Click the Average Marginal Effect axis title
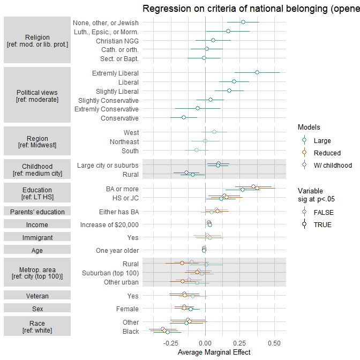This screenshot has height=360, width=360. click(x=206, y=352)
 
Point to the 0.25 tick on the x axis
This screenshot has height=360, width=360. click(x=240, y=342)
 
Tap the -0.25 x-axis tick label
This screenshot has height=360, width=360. click(x=170, y=342)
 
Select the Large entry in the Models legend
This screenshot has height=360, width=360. click(x=322, y=141)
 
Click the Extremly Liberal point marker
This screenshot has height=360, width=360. click(x=257, y=72)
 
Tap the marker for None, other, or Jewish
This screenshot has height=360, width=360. click(x=243, y=22)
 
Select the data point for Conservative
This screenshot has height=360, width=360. click(x=184, y=117)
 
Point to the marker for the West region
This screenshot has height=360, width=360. click(x=214, y=132)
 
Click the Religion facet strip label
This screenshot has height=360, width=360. click(x=37, y=41)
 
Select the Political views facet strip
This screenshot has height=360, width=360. click(x=37, y=96)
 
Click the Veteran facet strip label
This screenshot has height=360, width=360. click(x=37, y=296)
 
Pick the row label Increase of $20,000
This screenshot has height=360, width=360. click(x=109, y=225)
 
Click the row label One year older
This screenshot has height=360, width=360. click(x=117, y=250)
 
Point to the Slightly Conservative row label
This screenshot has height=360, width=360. click(x=108, y=100)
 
